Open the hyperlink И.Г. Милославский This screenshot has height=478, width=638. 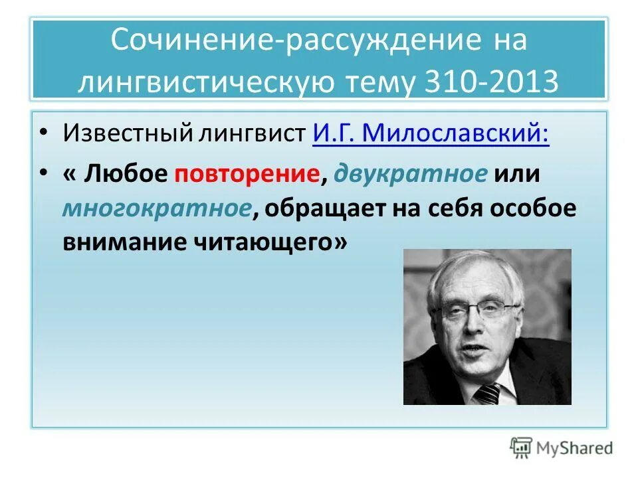[x=430, y=134]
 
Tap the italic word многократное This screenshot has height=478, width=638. [x=157, y=208]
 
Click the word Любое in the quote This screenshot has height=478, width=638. [x=126, y=174]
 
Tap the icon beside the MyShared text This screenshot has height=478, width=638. [x=520, y=447]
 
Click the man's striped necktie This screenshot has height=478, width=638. [x=488, y=393]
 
